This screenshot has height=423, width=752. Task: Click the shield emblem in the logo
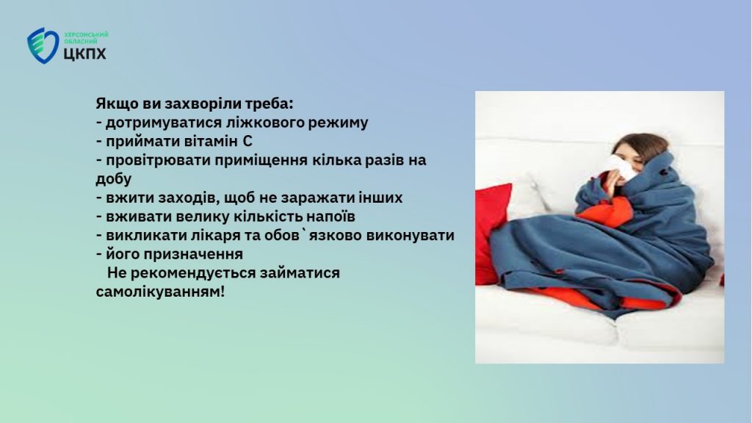click(43, 45)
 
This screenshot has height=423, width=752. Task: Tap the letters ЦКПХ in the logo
click(85, 53)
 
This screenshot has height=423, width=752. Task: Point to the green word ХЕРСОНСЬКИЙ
click(87, 35)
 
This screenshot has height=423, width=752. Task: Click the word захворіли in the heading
click(203, 104)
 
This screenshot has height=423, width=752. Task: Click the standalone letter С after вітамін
click(247, 142)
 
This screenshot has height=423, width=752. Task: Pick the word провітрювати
click(158, 160)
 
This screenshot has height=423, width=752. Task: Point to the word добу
click(114, 179)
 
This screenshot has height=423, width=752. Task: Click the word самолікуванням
click(160, 292)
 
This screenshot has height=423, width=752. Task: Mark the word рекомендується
click(193, 273)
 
